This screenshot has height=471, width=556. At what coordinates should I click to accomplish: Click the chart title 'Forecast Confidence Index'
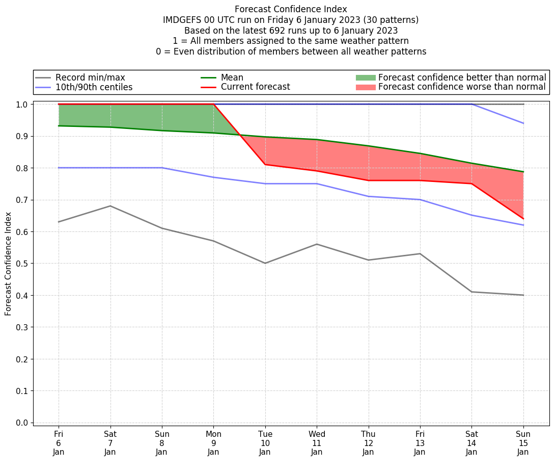291,9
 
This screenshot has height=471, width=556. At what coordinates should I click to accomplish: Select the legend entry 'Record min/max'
90,77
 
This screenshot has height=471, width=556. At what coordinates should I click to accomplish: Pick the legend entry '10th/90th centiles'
94,87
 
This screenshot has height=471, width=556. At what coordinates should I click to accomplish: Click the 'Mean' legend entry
232,77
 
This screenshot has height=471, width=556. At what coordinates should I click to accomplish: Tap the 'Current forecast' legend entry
255,87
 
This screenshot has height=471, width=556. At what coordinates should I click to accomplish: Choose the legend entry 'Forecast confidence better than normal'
462,77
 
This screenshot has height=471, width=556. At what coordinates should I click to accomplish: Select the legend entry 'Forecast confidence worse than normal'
462,87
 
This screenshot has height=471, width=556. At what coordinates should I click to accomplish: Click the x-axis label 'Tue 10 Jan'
265,443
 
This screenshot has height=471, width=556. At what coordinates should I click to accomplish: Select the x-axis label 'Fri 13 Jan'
420,443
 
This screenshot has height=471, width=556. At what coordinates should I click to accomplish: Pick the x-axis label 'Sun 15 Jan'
523,443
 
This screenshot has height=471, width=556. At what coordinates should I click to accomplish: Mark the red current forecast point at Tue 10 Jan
265,165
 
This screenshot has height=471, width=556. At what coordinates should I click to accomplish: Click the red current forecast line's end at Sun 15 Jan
523,219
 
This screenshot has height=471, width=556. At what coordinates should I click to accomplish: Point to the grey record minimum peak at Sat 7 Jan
110,206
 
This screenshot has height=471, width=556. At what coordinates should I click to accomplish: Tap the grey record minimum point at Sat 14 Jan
471,292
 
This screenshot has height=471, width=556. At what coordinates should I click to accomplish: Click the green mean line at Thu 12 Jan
368,146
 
